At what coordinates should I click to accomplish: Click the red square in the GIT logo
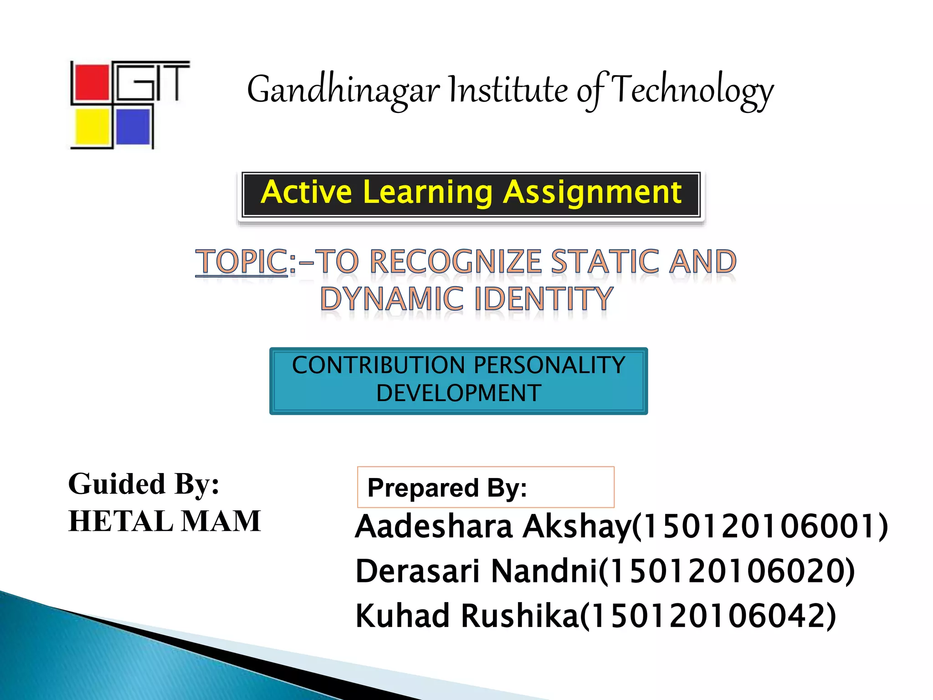[x=91, y=82]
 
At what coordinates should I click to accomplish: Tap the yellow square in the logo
[x=92, y=127]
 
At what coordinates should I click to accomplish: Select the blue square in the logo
[x=133, y=127]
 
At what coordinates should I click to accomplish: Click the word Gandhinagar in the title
[x=343, y=90]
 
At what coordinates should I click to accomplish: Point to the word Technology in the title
[x=692, y=90]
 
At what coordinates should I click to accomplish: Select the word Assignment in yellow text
[x=592, y=193]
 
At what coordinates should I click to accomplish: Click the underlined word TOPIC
[x=241, y=262]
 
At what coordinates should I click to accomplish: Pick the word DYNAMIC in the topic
[x=392, y=299]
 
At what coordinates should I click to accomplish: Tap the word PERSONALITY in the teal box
[x=549, y=365]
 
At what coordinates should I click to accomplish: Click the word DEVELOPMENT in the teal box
[x=459, y=393]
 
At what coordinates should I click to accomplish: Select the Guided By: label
[x=144, y=484]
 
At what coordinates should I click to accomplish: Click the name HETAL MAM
[x=164, y=521]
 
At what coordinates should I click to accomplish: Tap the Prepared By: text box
[x=486, y=487]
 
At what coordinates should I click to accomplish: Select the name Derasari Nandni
[x=476, y=571]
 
